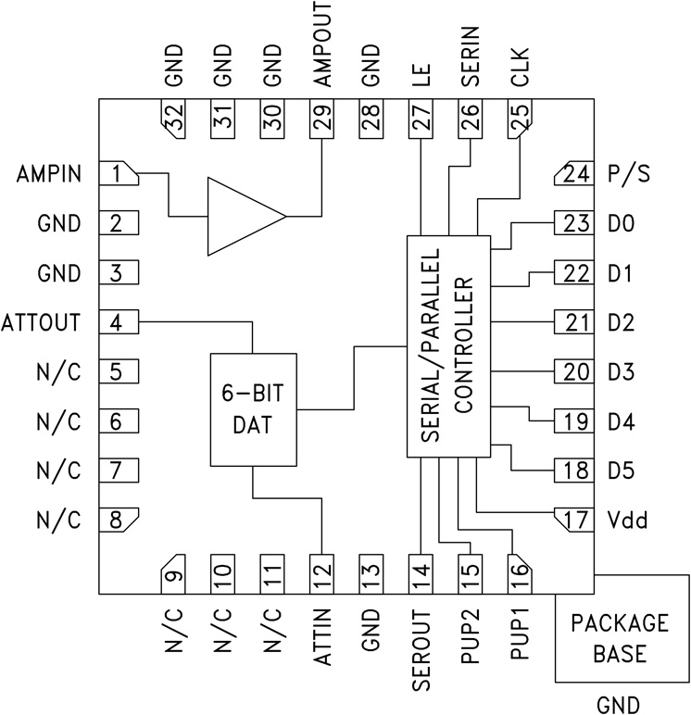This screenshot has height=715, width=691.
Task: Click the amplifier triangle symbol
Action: (239, 217)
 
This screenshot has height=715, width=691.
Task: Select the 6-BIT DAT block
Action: (253, 410)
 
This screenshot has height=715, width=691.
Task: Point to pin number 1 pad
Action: (118, 173)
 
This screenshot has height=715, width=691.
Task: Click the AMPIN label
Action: (48, 174)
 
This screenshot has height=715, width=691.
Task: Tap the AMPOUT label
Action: (321, 45)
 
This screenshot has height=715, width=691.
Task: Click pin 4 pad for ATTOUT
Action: (118, 323)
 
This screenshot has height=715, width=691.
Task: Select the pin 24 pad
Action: (573, 173)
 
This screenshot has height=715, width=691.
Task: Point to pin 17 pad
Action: (573, 519)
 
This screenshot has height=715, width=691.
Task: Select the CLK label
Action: (521, 68)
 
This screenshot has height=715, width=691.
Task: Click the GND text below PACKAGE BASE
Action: (619, 704)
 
